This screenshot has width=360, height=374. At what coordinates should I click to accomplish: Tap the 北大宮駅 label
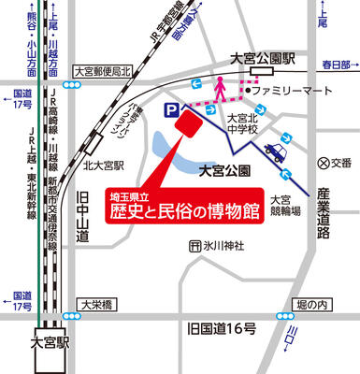[99, 169]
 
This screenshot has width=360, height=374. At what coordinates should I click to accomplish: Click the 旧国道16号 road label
[221, 329]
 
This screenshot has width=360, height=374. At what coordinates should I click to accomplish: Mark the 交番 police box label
[331, 161]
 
